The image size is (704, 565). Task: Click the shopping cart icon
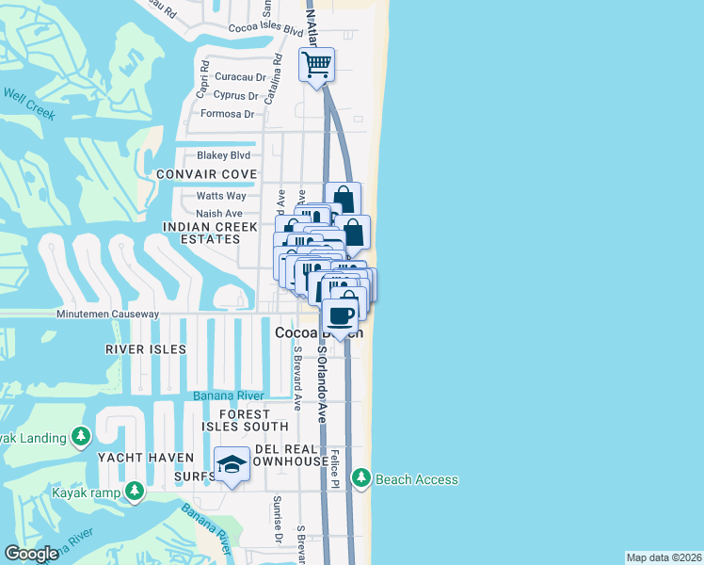(317, 65)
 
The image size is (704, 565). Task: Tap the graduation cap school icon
(231, 464)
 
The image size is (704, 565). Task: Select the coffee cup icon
(340, 315)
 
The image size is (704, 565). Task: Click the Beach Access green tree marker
(361, 479)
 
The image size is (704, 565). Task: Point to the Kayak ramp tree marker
(135, 491)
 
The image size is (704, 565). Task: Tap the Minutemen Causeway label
(107, 314)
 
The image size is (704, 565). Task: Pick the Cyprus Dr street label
(235, 95)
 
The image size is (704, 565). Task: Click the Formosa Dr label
(228, 114)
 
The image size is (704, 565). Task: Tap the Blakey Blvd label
(223, 155)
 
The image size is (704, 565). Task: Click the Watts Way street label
(221, 196)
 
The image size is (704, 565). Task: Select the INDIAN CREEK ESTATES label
(201, 233)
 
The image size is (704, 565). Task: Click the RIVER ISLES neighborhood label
(146, 349)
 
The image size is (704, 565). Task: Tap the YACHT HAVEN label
(133, 458)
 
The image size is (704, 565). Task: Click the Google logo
(32, 554)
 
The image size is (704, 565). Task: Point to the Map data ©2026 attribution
(664, 557)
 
